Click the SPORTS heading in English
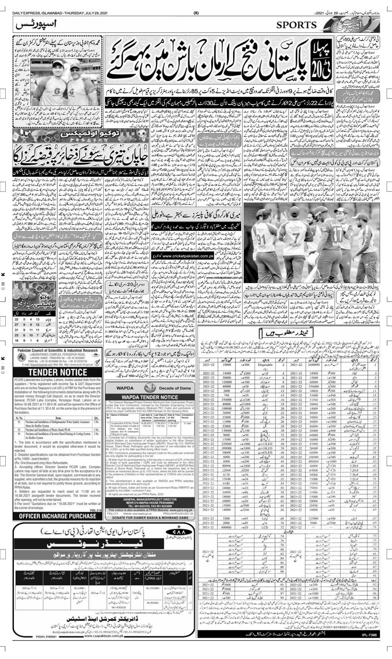(297, 25)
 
